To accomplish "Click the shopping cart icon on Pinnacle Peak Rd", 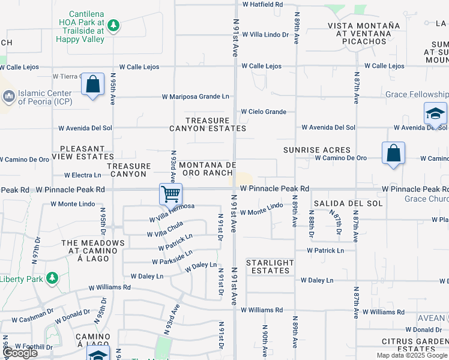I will click(171, 194).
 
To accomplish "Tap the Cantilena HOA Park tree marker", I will click(113, 25).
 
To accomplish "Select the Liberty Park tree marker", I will click(52, 278).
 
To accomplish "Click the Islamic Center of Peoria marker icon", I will click(8, 96).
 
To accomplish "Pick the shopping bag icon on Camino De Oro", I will click(393, 154).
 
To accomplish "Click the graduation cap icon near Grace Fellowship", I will click(435, 114).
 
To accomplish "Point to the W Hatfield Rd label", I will click(262, 4).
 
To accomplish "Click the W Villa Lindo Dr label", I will click(265, 35).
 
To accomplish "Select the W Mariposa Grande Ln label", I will click(196, 96).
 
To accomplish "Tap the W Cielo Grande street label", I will click(264, 112).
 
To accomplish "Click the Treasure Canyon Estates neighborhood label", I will click(208, 124).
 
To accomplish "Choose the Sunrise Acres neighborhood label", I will click(317, 150).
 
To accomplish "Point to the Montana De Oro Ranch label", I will click(206, 169).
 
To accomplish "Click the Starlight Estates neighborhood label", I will click(270, 266).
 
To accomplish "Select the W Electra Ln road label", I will click(76, 175).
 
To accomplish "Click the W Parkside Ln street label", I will click(172, 257).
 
